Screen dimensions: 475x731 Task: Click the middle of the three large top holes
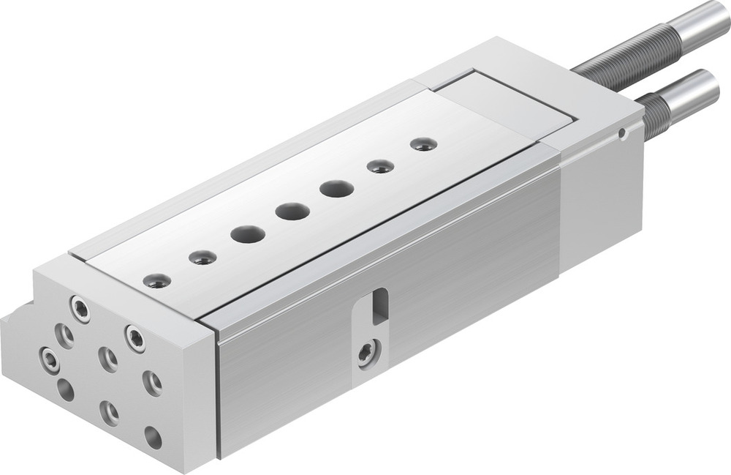click(292, 212)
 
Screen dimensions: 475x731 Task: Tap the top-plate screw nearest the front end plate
click(156, 280)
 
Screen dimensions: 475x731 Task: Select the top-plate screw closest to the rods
click(423, 143)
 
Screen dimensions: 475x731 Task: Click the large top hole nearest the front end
click(247, 234)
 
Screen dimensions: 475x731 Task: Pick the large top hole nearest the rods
click(336, 189)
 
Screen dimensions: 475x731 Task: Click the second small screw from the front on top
click(202, 257)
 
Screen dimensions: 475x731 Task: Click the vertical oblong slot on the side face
click(379, 304)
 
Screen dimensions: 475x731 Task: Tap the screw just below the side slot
click(365, 354)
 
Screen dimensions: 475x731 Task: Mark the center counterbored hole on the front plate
click(108, 358)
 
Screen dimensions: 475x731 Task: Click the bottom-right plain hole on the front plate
click(153, 437)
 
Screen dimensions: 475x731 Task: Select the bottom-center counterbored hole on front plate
click(110, 412)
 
